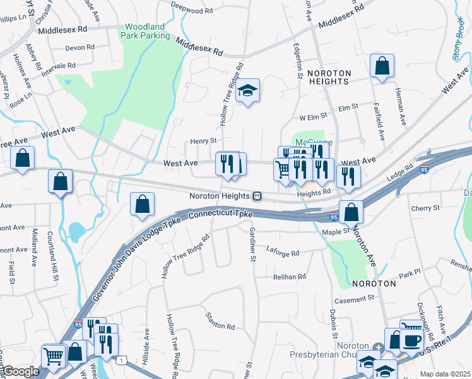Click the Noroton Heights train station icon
[x=257, y=196]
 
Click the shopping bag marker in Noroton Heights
[x=382, y=66]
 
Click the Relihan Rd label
[x=290, y=277]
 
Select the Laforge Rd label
[x=282, y=253]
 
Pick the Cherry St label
[x=425, y=208]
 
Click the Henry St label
[x=204, y=141]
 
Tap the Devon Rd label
[x=80, y=47]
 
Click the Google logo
[x=20, y=371]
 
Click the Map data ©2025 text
[x=445, y=374]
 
